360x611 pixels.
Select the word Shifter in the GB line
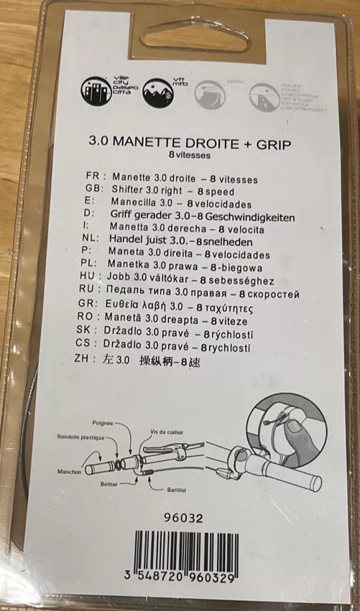131,189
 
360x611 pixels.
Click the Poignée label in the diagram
103,425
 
